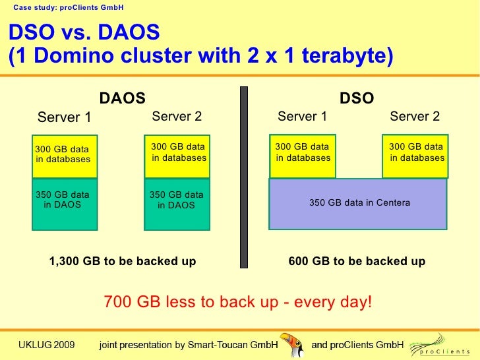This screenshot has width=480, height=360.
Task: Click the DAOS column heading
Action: coord(122,99)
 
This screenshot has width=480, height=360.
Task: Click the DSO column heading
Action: coord(357,99)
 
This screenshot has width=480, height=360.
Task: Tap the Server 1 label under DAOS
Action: coord(65,118)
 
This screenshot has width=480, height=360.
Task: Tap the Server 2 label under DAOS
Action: coord(177,117)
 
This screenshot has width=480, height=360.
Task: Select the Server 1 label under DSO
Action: coord(303,117)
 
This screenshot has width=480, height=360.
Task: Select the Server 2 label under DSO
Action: coord(415,117)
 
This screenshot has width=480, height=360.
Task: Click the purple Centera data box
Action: coord(359,203)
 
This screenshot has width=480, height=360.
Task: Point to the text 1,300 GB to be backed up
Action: coord(123,262)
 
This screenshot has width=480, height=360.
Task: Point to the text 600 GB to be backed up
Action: coord(357,262)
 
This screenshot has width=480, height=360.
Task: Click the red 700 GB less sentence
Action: coord(238,303)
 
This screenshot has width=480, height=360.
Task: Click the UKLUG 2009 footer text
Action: coord(46,345)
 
